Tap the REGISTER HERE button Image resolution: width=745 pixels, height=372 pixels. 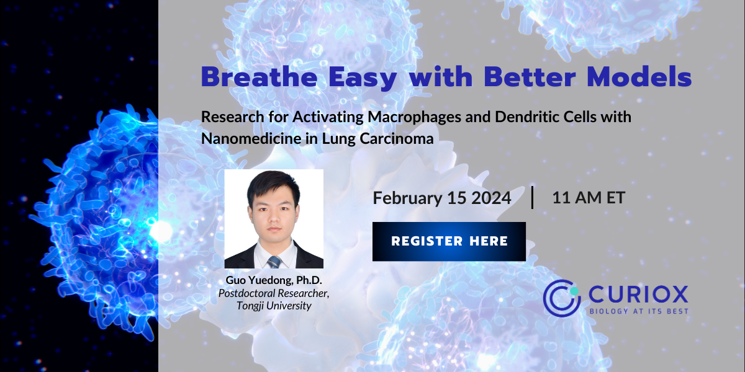449,241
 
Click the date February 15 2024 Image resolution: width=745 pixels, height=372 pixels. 441,198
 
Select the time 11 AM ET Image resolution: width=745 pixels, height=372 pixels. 588,198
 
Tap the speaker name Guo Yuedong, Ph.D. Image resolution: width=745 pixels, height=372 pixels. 274,281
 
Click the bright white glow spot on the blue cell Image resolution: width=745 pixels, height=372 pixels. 160,231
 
